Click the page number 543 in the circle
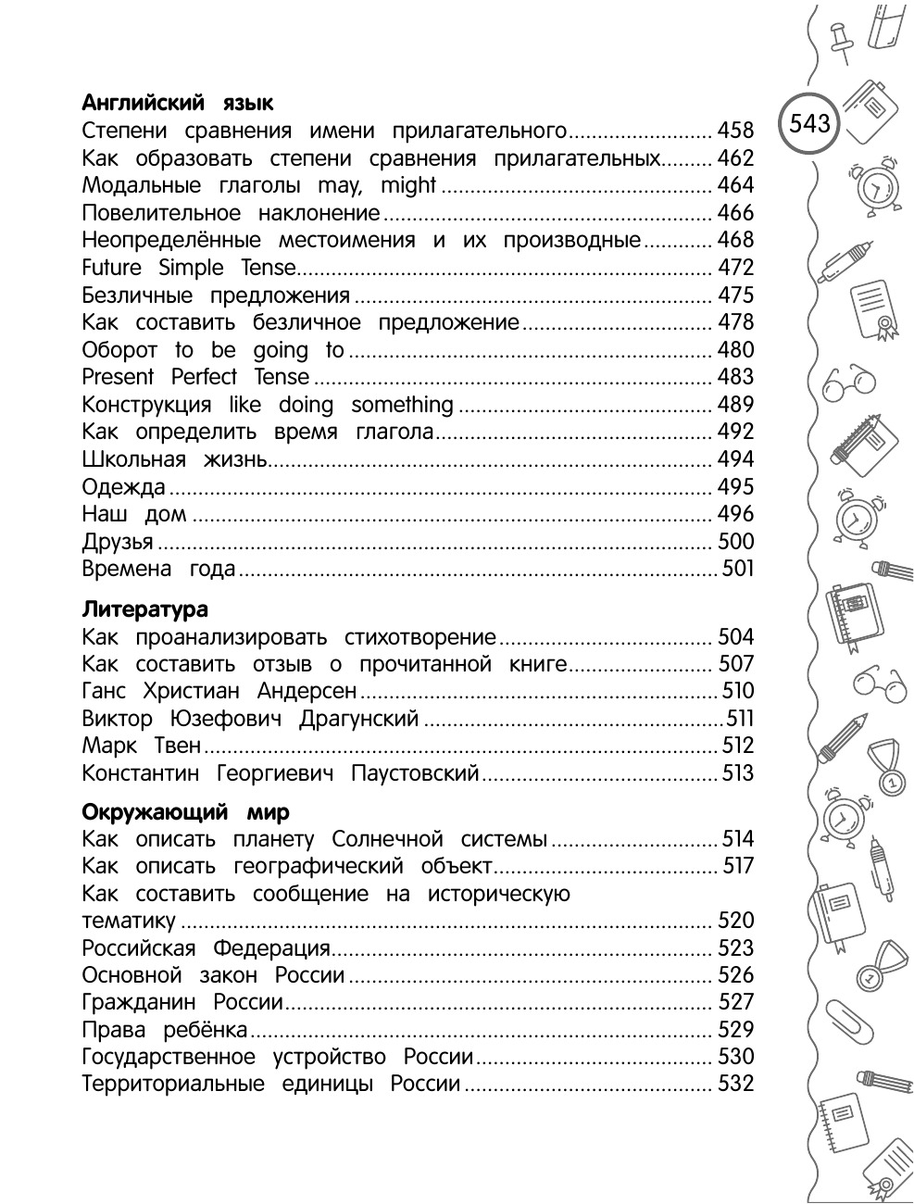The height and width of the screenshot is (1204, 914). point(810,123)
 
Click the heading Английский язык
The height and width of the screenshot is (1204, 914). point(177,103)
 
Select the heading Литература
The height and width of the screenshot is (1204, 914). point(144,609)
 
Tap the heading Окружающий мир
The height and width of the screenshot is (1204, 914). point(185,812)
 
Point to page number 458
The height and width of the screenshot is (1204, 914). point(736,131)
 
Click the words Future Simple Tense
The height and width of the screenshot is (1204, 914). point(189,268)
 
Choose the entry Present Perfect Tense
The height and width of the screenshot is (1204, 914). point(195,377)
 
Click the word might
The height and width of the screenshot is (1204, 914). point(407,185)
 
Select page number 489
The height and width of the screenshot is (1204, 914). point(736,405)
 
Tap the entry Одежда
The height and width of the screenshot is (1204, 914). point(123,487)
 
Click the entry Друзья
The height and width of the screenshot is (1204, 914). point(118,542)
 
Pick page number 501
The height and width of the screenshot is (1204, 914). point(738,569)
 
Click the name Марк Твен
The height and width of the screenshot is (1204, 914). point(141,746)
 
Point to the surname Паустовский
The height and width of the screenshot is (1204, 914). point(415,773)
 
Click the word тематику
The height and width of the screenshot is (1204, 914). point(129,922)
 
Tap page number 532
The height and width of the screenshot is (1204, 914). point(736,1084)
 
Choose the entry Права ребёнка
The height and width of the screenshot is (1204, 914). point(165,1030)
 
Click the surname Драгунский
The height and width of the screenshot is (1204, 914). point(359,719)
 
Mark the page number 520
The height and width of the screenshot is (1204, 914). point(736,921)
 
